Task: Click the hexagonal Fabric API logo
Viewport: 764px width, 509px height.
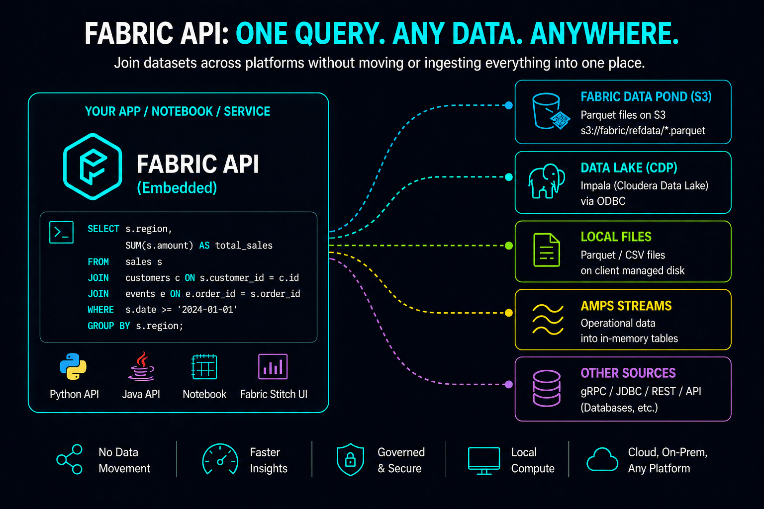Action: (93, 167)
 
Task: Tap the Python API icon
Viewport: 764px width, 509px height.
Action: (73, 367)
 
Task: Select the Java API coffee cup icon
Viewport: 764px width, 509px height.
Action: (142, 367)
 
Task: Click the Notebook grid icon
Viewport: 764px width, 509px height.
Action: (204, 367)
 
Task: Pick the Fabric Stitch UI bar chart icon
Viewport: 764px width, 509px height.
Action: (273, 367)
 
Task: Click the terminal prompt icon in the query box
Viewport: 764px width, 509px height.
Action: (62, 232)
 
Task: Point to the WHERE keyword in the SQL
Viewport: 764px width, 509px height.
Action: (100, 310)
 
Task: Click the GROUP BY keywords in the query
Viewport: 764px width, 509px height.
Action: (108, 326)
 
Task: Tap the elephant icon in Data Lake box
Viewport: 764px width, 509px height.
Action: (546, 181)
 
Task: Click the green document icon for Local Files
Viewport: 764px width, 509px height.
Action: (547, 250)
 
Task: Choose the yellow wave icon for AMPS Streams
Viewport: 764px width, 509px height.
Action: (548, 320)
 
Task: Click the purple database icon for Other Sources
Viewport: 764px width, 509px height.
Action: (547, 388)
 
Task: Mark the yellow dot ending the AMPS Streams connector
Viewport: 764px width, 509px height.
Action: (508, 313)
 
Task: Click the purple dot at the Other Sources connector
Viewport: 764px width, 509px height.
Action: (508, 384)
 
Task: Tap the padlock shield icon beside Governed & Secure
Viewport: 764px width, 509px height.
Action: (350, 459)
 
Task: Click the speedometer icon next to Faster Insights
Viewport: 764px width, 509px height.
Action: (220, 459)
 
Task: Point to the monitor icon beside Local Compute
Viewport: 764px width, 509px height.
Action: (484, 460)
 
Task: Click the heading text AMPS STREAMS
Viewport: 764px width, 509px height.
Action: (626, 306)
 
